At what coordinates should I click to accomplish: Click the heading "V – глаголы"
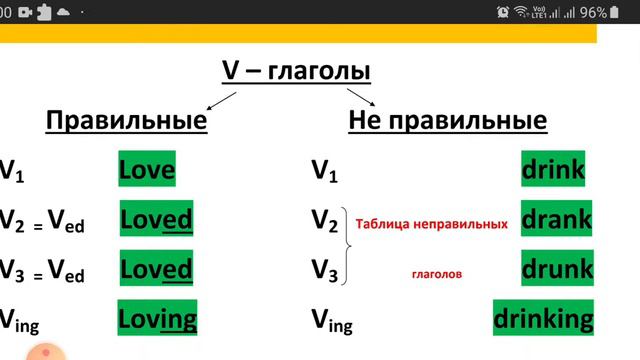pyautogui.click(x=295, y=72)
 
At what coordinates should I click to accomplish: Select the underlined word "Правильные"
pyautogui.click(x=126, y=121)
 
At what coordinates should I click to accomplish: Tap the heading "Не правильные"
pyautogui.click(x=447, y=121)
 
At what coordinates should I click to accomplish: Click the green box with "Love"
pyautogui.click(x=146, y=170)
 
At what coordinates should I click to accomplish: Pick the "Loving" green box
pyautogui.click(x=158, y=319)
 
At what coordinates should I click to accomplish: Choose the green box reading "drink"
pyautogui.click(x=553, y=170)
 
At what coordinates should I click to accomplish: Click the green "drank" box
pyautogui.click(x=557, y=219)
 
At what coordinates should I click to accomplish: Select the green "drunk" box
pyautogui.click(x=556, y=269)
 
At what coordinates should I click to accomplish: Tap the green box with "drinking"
pyautogui.click(x=543, y=319)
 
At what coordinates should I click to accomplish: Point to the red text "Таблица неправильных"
pyautogui.click(x=430, y=225)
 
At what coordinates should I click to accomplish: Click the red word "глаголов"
pyautogui.click(x=436, y=272)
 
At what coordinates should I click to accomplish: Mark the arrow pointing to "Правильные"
pyautogui.click(x=221, y=101)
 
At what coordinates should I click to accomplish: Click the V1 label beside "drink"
pyautogui.click(x=324, y=171)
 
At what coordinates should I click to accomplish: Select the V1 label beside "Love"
pyautogui.click(x=12, y=171)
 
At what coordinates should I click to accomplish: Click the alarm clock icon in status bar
pyautogui.click(x=503, y=12)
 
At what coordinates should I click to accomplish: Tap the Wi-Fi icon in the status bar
pyautogui.click(x=522, y=12)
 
